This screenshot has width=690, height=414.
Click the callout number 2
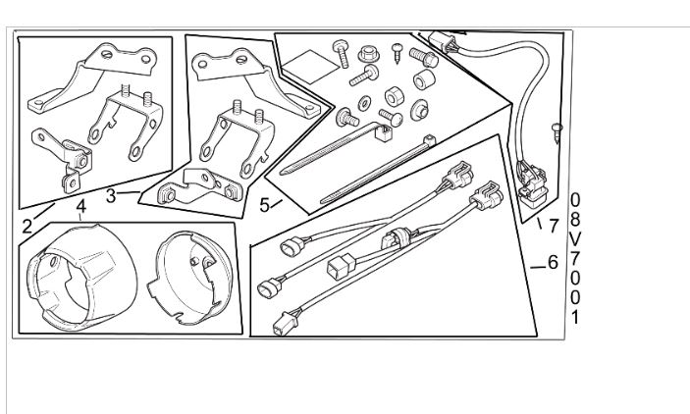[x=27, y=227]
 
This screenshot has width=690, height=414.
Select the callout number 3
[x=111, y=196]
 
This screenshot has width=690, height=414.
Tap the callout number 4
[x=80, y=206]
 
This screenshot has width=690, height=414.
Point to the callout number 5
[x=264, y=205]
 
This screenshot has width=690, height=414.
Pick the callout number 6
[x=553, y=263]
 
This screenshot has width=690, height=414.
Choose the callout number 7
[x=554, y=227]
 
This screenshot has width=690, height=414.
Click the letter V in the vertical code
[x=575, y=239]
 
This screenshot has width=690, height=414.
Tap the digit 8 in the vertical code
[x=575, y=220]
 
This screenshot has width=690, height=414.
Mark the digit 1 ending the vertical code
[x=575, y=317]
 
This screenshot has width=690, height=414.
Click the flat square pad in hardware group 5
[x=310, y=66]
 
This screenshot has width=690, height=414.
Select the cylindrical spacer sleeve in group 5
[x=424, y=79]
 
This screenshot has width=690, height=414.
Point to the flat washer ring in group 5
[x=364, y=103]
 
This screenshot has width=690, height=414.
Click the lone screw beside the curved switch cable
[x=557, y=132]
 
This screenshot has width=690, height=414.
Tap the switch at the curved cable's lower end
[x=532, y=183]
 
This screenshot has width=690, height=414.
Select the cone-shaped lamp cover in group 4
[x=81, y=278]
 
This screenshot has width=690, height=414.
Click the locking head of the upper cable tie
[x=384, y=131]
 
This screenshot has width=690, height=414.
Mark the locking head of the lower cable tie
[x=429, y=141]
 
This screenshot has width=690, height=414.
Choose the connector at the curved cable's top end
[x=444, y=42]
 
